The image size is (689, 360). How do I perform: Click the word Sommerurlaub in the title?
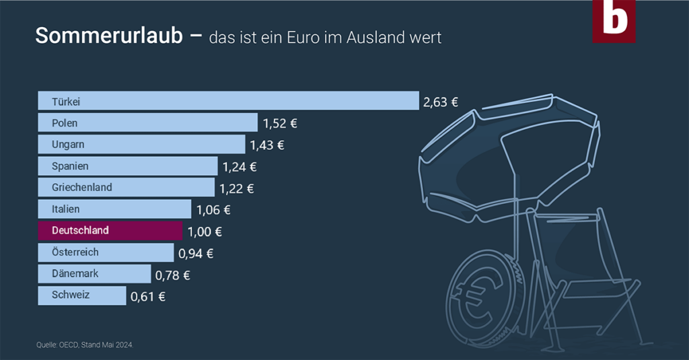point(108,36)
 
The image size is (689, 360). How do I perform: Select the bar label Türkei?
point(67,102)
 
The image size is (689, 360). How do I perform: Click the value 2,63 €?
point(441,102)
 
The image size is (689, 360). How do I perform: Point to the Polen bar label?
point(65,123)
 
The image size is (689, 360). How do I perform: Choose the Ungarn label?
point(68,145)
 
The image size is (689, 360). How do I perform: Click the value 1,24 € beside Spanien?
point(240,166)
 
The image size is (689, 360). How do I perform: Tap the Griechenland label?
point(82,187)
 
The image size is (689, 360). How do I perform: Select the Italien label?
point(66,209)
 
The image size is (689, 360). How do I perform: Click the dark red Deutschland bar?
point(110,231)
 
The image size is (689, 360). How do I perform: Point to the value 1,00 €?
point(205,231)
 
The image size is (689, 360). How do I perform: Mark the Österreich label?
point(75,252)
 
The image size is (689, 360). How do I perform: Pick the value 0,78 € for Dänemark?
point(173,275)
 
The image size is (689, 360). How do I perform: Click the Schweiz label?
point(71,295)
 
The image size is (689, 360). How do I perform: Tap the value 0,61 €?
point(148,296)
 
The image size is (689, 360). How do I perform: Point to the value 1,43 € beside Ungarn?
point(267,145)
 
